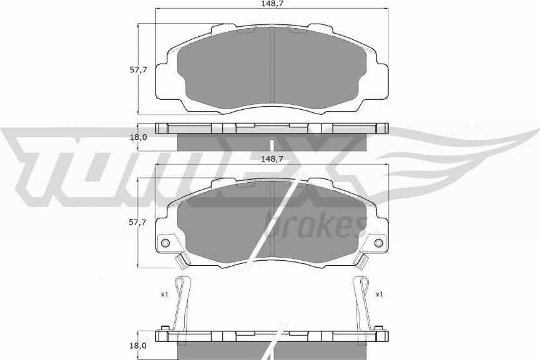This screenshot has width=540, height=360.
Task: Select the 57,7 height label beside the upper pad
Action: (138, 70)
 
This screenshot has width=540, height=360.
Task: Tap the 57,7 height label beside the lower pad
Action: (137, 222)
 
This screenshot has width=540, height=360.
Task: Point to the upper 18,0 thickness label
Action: (139, 137)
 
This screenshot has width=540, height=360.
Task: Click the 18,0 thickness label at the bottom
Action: (138, 346)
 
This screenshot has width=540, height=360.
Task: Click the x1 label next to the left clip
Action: (164, 294)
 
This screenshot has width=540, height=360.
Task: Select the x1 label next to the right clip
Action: (379, 294)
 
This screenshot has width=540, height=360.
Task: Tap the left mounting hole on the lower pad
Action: (165, 243)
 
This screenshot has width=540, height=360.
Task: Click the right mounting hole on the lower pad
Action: (378, 243)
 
